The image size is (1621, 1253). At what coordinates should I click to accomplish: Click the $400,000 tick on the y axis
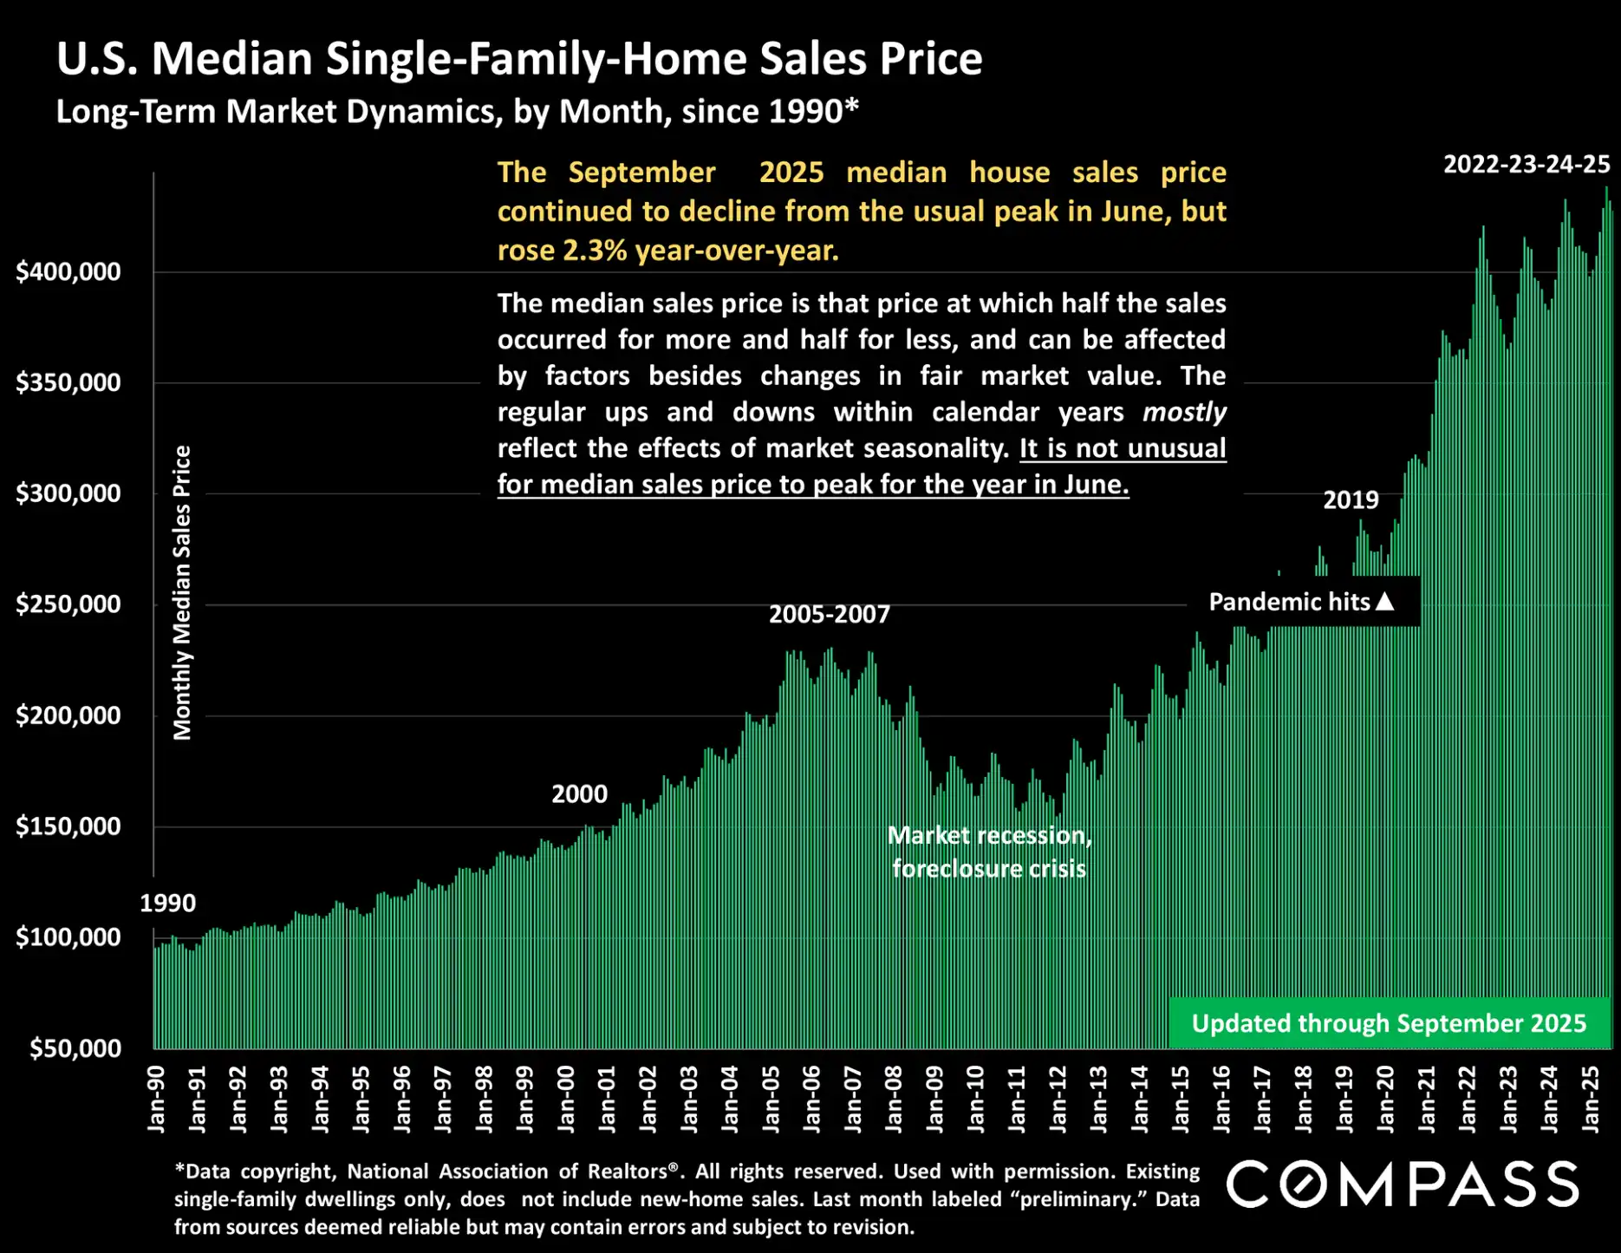[68, 271]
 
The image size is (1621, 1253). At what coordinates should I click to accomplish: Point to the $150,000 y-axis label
[68, 826]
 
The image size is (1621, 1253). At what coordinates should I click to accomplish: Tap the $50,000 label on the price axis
[75, 1047]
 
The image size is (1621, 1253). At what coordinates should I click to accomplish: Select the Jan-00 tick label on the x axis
[566, 1099]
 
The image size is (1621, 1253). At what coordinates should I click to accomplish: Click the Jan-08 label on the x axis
[894, 1099]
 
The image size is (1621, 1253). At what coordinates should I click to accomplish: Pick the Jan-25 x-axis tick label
[1591, 1099]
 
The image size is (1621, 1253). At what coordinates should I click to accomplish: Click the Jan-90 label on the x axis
[156, 1099]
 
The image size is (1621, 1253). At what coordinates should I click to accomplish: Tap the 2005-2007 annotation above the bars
[829, 614]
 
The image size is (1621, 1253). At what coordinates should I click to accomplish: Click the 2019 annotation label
[1351, 499]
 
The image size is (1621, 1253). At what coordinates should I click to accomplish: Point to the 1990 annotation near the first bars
[167, 903]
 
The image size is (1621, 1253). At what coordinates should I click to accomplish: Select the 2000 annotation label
[579, 793]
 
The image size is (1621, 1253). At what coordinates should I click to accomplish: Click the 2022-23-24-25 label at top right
[1526, 164]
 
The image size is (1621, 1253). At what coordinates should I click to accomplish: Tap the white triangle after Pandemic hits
[1385, 600]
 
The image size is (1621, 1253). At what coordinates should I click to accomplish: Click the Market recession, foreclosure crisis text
[989, 852]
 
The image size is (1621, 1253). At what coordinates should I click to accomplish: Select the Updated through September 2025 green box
[1388, 1023]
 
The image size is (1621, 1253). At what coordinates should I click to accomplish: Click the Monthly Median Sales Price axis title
[182, 592]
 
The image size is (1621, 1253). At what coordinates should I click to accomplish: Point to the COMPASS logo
[1402, 1184]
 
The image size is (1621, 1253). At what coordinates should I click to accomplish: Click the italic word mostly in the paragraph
[1184, 412]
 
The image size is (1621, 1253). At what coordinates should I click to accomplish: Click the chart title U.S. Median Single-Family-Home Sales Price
[519, 59]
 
